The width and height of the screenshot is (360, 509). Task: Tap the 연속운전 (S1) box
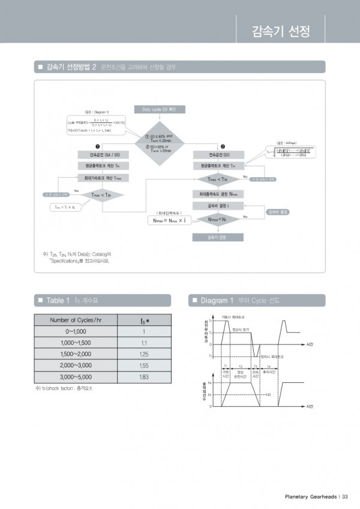(218, 154)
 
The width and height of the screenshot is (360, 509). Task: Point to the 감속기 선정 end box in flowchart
(218, 237)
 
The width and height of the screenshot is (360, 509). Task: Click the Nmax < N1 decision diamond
(218, 219)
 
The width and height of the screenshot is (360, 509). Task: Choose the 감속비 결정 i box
(218, 206)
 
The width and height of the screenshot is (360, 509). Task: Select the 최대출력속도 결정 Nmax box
(218, 194)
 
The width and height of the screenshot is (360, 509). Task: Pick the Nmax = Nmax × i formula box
(169, 220)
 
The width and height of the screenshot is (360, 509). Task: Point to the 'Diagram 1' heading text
(215, 300)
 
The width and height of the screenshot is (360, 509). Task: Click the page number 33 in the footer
(345, 496)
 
